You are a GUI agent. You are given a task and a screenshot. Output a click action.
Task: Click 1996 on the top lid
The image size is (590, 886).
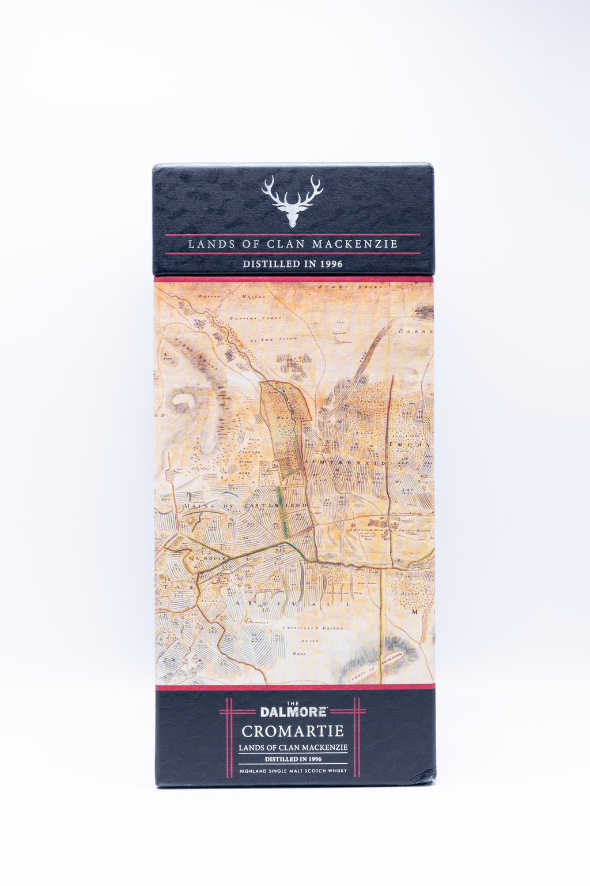tap(330, 264)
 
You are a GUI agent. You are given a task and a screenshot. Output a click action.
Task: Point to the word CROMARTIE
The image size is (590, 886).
tap(293, 731)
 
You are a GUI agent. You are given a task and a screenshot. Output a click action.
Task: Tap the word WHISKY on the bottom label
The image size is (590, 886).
tap(337, 771)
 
